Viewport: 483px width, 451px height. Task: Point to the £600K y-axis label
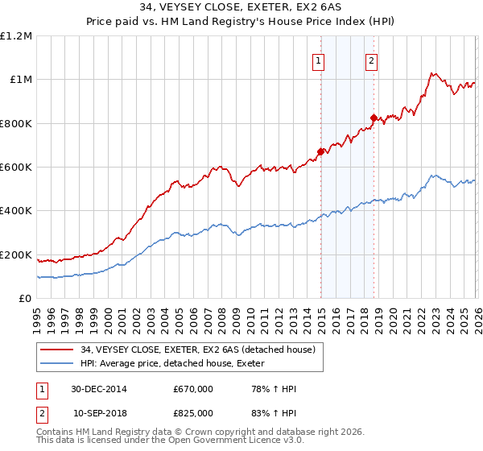tap(16, 168)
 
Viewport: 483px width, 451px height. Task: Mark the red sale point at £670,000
tap(320, 151)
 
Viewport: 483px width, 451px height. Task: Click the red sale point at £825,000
tap(373, 118)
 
